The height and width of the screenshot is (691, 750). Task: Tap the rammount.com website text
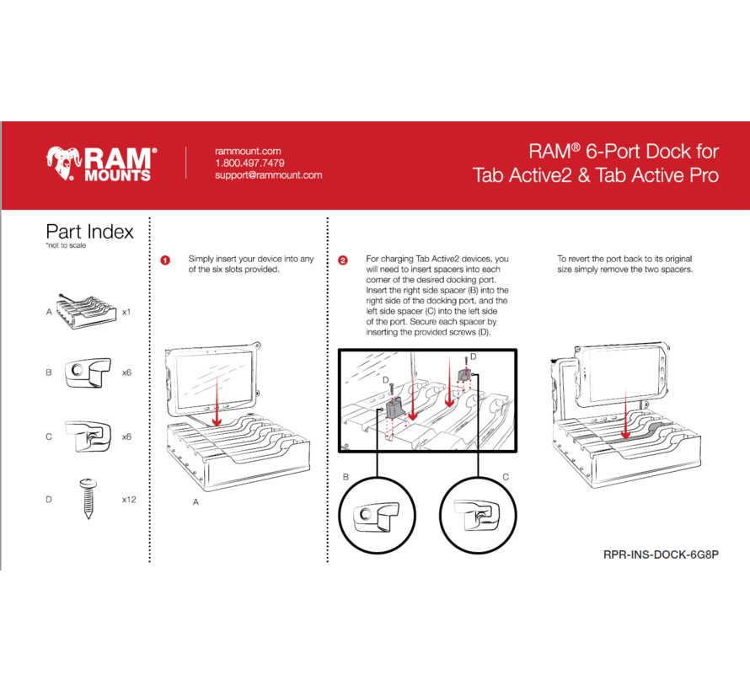(x=247, y=151)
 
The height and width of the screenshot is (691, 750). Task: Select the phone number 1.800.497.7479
(x=249, y=163)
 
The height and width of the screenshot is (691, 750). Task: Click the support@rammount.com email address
(x=269, y=175)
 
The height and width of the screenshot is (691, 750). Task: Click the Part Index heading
(x=89, y=232)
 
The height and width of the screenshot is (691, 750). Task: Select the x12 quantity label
(x=129, y=500)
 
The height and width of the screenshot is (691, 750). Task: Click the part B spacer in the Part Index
(x=87, y=372)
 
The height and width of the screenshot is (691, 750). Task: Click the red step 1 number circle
(x=165, y=260)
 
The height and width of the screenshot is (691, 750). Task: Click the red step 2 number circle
(x=342, y=260)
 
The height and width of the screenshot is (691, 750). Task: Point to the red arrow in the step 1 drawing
(x=217, y=401)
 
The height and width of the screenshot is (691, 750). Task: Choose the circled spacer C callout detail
(x=478, y=516)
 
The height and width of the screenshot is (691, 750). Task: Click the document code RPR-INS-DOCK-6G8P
(x=662, y=554)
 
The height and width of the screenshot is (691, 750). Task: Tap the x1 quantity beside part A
(x=126, y=312)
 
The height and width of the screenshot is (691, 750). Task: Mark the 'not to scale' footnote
(x=66, y=246)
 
